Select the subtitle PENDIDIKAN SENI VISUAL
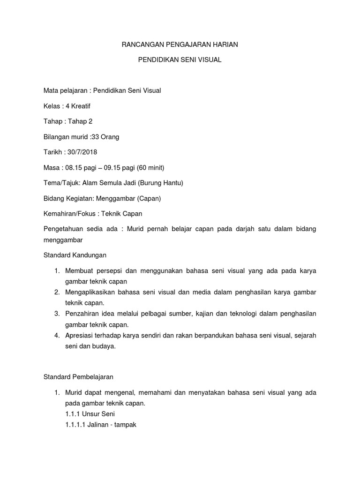(x=180, y=60)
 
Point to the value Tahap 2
(x=80, y=121)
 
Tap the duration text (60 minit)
(x=149, y=168)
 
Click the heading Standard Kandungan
(x=75, y=255)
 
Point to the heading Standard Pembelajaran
(x=78, y=376)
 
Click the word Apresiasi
(x=79, y=335)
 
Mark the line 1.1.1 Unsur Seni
(x=90, y=414)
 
